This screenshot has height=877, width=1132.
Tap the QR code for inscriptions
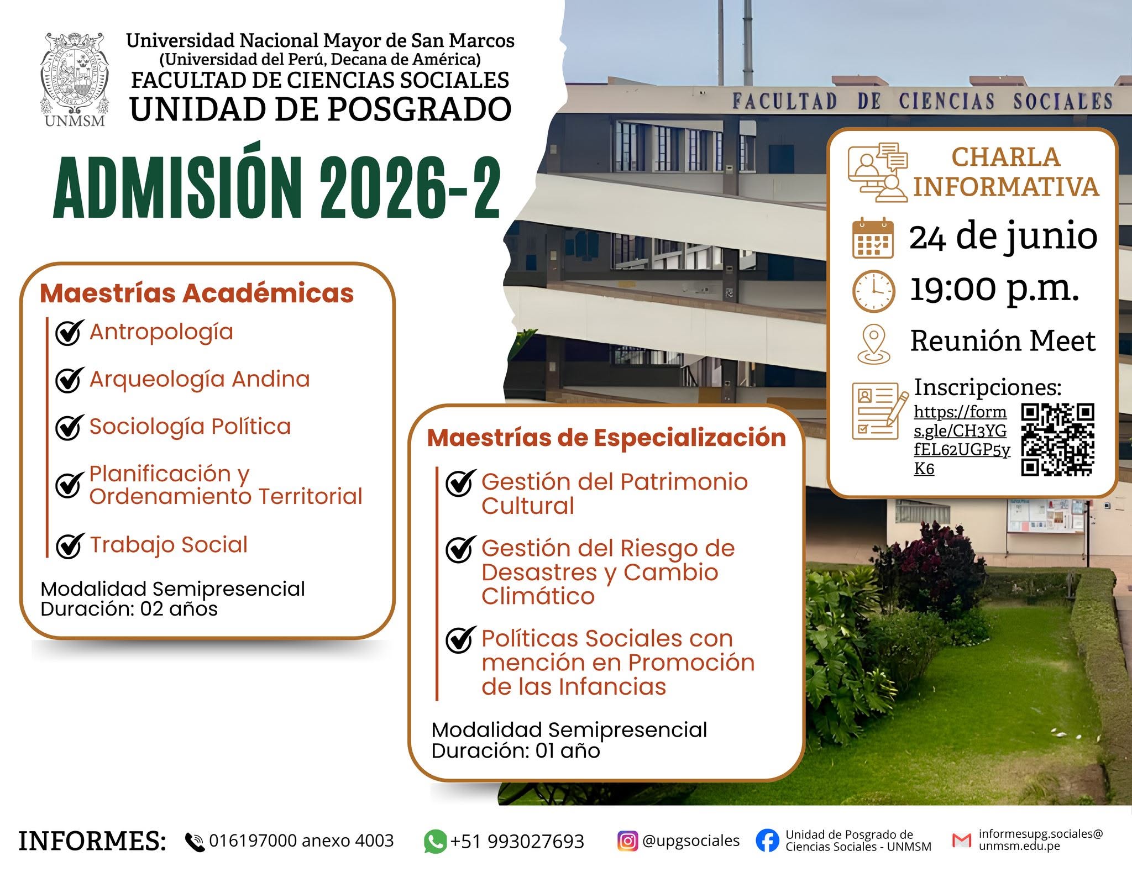[1057, 439]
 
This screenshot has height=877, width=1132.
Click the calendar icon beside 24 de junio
[873, 238]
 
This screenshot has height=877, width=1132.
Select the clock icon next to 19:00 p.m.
[873, 291]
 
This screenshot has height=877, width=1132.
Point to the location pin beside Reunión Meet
[873, 344]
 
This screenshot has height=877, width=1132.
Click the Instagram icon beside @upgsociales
[627, 841]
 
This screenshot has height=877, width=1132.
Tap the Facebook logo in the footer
[767, 841]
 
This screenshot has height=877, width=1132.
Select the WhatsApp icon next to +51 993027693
[435, 842]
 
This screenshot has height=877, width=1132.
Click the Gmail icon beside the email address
[962, 840]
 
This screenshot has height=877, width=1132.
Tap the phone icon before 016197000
[195, 842]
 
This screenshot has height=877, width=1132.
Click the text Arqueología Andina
[200, 380]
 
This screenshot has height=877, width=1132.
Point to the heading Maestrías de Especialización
[606, 438]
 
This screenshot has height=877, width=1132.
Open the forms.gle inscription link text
[962, 440]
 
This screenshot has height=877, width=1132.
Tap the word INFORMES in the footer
[92, 841]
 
